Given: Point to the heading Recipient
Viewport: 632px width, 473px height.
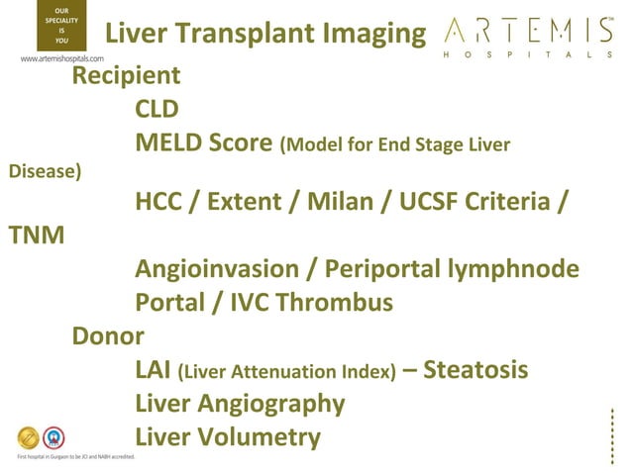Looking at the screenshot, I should click(126, 75).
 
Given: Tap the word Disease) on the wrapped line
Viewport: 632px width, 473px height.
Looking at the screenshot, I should click(45, 171).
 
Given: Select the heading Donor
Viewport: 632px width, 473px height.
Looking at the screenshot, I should click(108, 336).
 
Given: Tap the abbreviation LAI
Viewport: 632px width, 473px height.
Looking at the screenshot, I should click(153, 370).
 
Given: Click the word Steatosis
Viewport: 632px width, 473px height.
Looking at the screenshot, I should click(475, 370).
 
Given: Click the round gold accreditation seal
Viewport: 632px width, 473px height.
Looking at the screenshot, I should click(28, 437).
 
